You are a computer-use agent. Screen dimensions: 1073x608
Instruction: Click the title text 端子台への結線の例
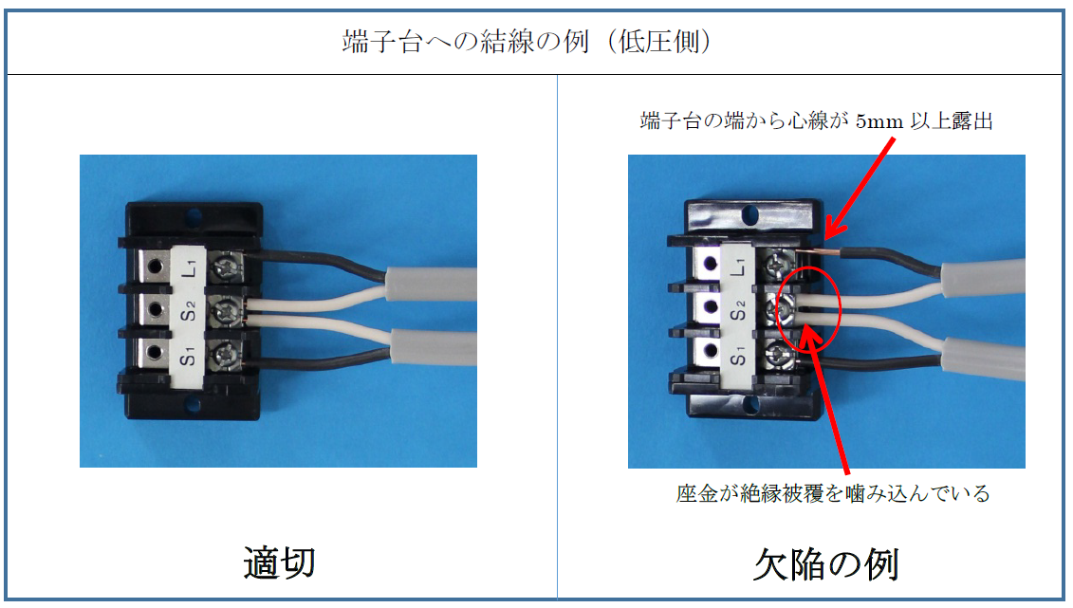[x=465, y=42]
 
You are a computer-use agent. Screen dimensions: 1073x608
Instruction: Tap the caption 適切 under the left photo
[x=279, y=562]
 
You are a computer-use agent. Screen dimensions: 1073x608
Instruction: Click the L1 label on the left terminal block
[x=191, y=267]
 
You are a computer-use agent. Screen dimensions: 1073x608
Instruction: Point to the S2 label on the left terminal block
[x=188, y=310]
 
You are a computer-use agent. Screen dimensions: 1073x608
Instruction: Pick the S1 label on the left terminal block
[x=188, y=356]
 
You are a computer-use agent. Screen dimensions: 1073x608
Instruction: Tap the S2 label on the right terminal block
[x=738, y=311]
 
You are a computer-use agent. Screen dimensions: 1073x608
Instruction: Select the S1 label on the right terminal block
[x=738, y=356]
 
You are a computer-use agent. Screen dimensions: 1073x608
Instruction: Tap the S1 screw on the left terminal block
[x=225, y=354]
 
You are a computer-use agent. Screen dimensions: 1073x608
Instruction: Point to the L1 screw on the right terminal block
[x=778, y=262]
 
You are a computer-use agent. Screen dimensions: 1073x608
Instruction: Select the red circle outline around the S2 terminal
[x=840, y=310]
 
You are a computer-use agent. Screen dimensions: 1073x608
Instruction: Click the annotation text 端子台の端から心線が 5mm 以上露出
[x=817, y=121]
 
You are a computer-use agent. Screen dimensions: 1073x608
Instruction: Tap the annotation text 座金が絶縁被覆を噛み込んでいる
[x=833, y=493]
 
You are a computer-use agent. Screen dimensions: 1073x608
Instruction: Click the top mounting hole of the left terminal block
[x=194, y=217]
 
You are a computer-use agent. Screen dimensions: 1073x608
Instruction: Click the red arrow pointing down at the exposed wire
[x=860, y=189]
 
